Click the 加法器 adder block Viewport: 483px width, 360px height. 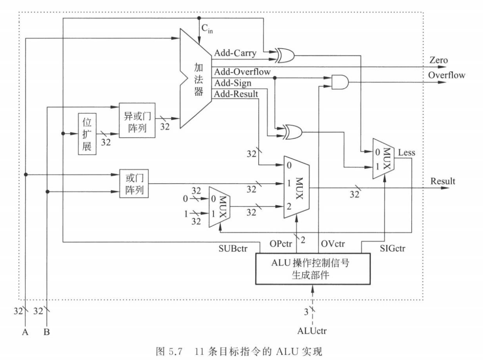click(196, 79)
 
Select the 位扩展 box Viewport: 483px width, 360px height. click(87, 134)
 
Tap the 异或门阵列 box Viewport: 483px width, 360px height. click(137, 120)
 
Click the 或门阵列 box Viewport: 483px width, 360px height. click(134, 184)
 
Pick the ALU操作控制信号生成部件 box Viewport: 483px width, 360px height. click(313, 269)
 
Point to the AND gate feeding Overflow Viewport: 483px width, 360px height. click(340, 82)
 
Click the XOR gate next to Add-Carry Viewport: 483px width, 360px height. click(285, 55)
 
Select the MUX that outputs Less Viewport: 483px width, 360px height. click(384, 158)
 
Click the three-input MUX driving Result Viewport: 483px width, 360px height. click(296, 187)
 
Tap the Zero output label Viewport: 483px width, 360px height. click(439, 60)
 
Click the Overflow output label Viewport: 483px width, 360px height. click(447, 75)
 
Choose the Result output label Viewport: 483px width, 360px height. click(443, 181)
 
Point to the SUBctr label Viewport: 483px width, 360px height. click(233, 249)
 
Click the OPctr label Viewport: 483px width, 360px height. click(281, 244)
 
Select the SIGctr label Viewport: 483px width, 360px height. click(392, 249)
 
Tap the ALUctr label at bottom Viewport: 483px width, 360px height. click(312, 331)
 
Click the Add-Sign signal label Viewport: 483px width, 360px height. click(233, 83)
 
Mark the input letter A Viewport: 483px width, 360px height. click(25, 332)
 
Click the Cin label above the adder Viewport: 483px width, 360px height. click(207, 28)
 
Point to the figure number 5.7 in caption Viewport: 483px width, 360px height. click(175, 352)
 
